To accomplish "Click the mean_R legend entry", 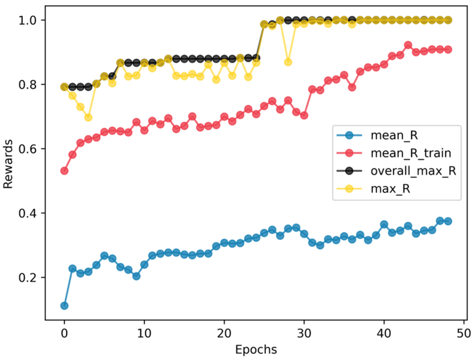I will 394,135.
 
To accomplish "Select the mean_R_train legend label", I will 411,153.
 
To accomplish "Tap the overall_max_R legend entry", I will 413,171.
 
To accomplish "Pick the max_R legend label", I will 390,189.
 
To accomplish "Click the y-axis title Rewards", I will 8,164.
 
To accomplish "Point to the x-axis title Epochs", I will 256,350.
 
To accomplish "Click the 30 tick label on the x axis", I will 304,333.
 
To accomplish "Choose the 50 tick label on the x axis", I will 464,333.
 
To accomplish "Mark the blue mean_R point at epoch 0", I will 64,306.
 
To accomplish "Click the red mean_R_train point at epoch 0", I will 64,171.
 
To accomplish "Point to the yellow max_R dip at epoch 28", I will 288,62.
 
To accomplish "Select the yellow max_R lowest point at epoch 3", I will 88,118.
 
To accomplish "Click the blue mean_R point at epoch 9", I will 136,276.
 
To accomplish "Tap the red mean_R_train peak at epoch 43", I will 408,45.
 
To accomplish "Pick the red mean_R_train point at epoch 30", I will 304,116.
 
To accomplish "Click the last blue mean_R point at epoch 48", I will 448,221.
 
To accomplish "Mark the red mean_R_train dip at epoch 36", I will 352,87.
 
